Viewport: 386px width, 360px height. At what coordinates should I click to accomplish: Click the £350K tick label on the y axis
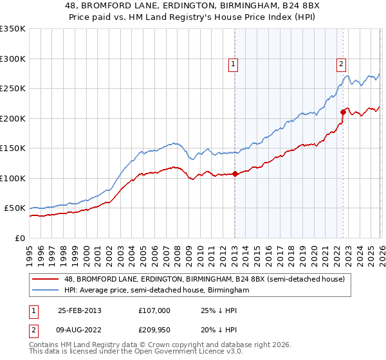tap(13, 29)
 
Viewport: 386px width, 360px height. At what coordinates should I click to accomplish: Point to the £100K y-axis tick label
tap(13, 178)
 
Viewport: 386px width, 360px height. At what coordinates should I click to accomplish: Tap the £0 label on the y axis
tap(19, 238)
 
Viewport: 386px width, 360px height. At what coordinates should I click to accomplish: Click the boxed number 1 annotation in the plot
tap(232, 64)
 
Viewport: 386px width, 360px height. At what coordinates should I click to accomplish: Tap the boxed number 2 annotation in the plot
tap(340, 64)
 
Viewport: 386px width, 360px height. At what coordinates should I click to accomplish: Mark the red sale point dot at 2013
tap(235, 174)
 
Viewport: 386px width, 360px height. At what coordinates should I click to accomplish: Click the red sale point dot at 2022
tap(343, 113)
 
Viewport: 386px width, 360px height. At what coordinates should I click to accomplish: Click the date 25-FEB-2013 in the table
tap(79, 310)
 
